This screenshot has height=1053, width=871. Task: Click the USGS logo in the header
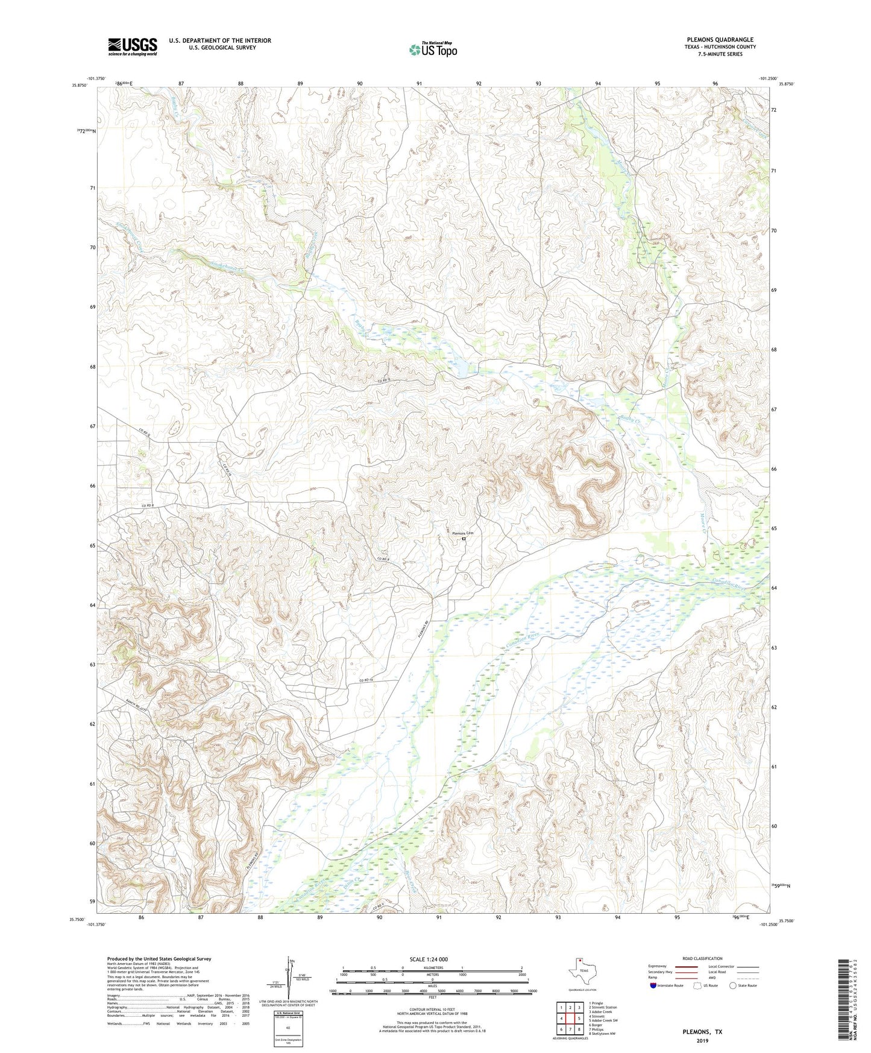coord(132,46)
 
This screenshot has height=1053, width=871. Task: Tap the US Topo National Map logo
coord(432,49)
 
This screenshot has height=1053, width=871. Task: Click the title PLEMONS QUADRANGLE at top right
coord(720,40)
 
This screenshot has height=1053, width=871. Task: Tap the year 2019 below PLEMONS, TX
coord(702,1040)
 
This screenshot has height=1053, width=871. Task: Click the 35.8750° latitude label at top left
coord(80,85)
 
